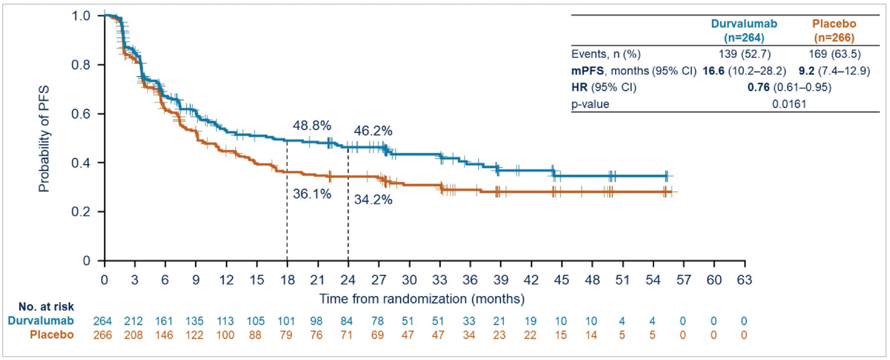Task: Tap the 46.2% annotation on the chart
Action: click(x=373, y=131)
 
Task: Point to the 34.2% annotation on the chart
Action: click(x=373, y=200)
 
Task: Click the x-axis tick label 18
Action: click(x=287, y=279)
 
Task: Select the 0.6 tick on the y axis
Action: click(x=81, y=114)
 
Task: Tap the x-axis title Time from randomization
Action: click(x=422, y=298)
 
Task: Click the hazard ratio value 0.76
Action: click(x=758, y=87)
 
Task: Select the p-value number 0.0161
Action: click(x=789, y=104)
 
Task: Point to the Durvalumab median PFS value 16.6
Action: click(x=713, y=71)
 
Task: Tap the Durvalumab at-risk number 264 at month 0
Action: click(x=103, y=321)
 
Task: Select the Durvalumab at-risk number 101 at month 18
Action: click(x=286, y=321)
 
